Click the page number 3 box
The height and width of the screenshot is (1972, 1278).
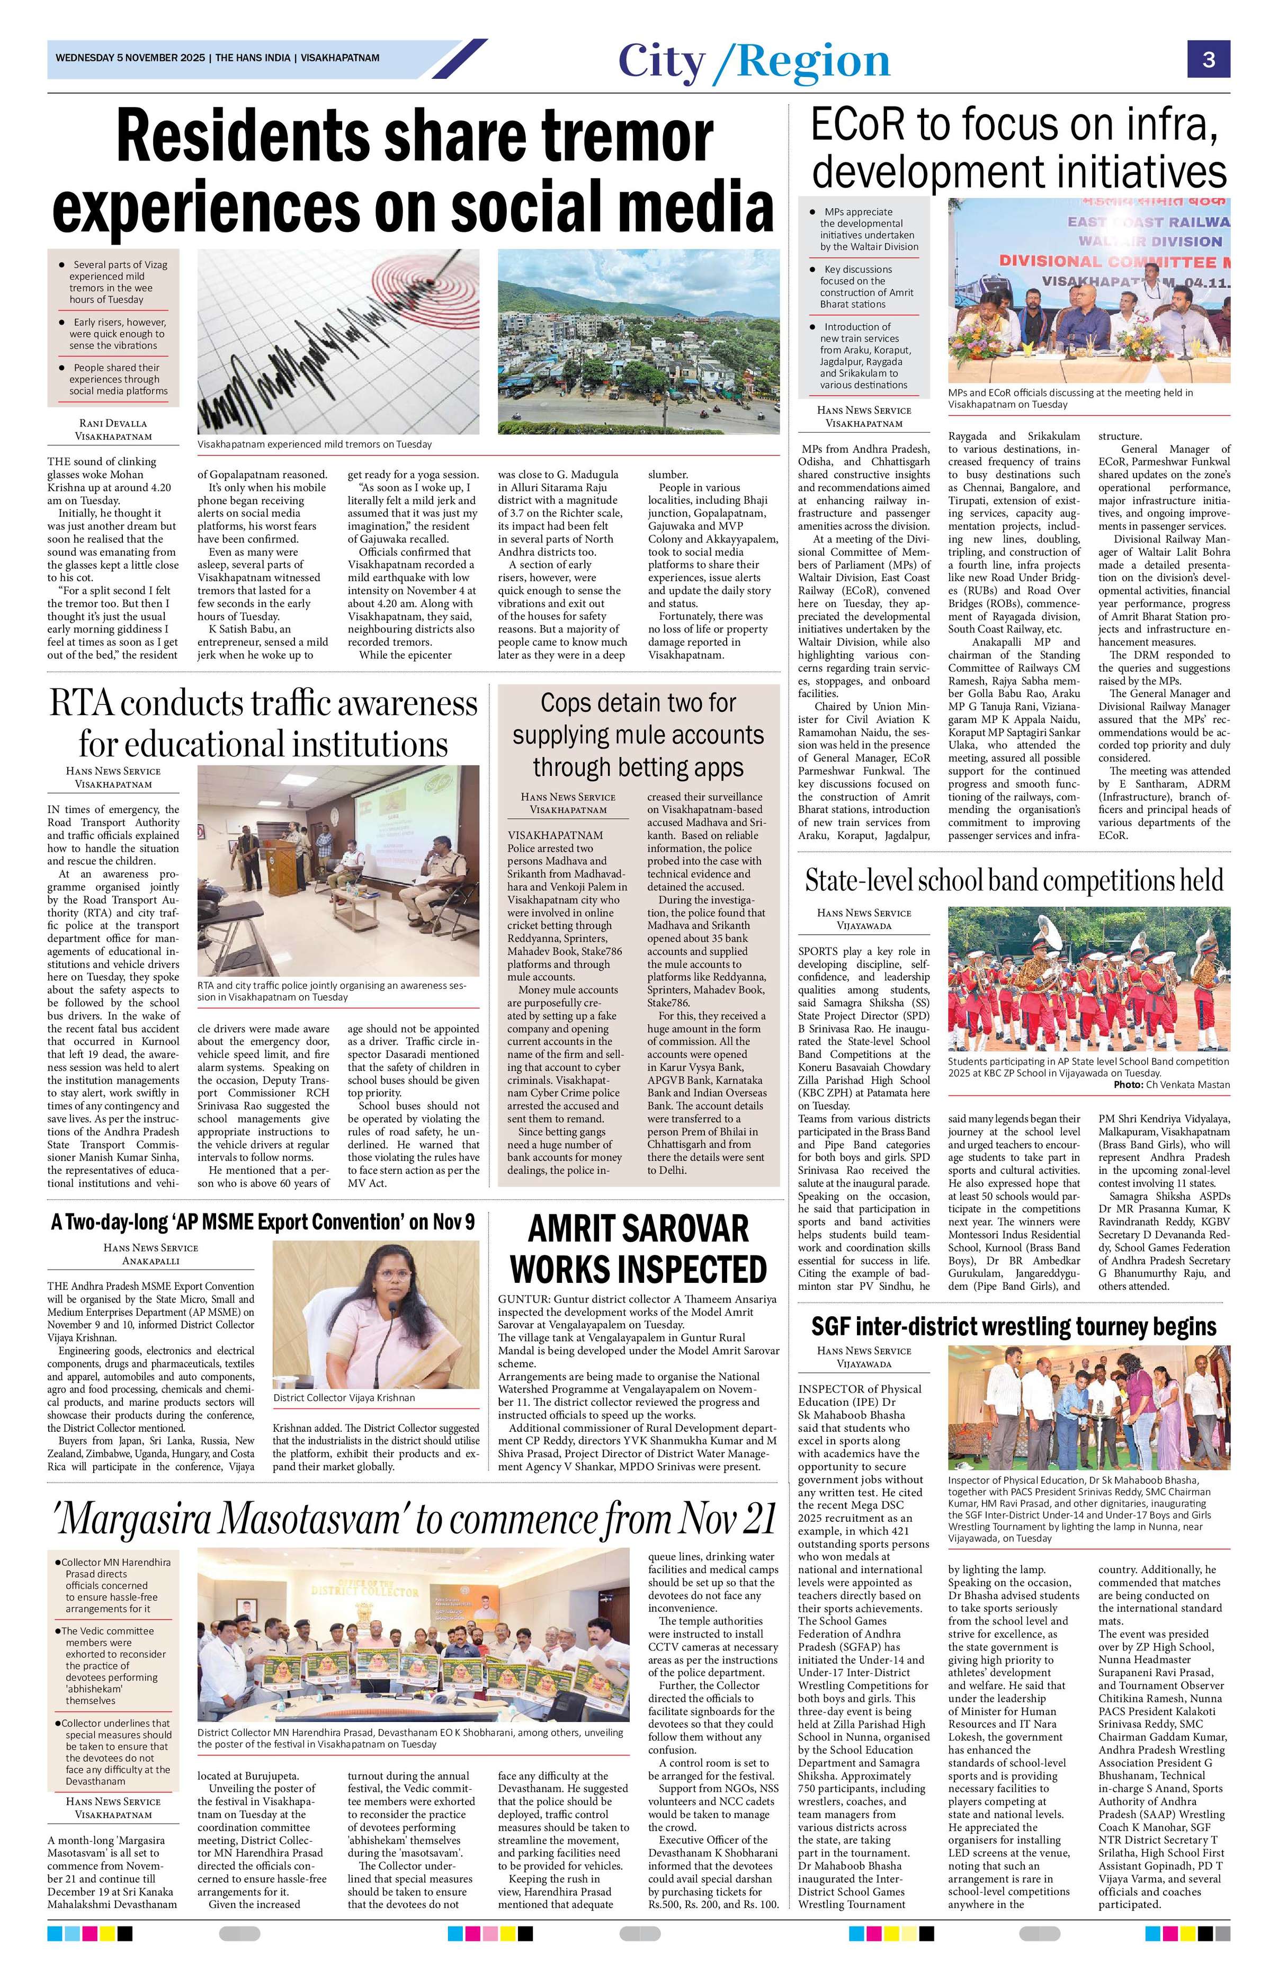(x=1209, y=60)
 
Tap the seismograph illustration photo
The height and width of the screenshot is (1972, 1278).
(x=338, y=341)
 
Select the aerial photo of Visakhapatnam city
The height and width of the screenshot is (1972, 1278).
(x=638, y=341)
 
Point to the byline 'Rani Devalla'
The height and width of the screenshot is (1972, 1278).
(x=113, y=423)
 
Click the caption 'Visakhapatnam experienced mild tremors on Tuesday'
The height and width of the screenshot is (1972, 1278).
(x=315, y=444)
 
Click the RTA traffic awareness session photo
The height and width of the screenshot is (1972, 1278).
(x=338, y=869)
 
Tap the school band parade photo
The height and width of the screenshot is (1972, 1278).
(x=1088, y=978)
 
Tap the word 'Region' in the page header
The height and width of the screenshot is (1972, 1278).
(x=814, y=62)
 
